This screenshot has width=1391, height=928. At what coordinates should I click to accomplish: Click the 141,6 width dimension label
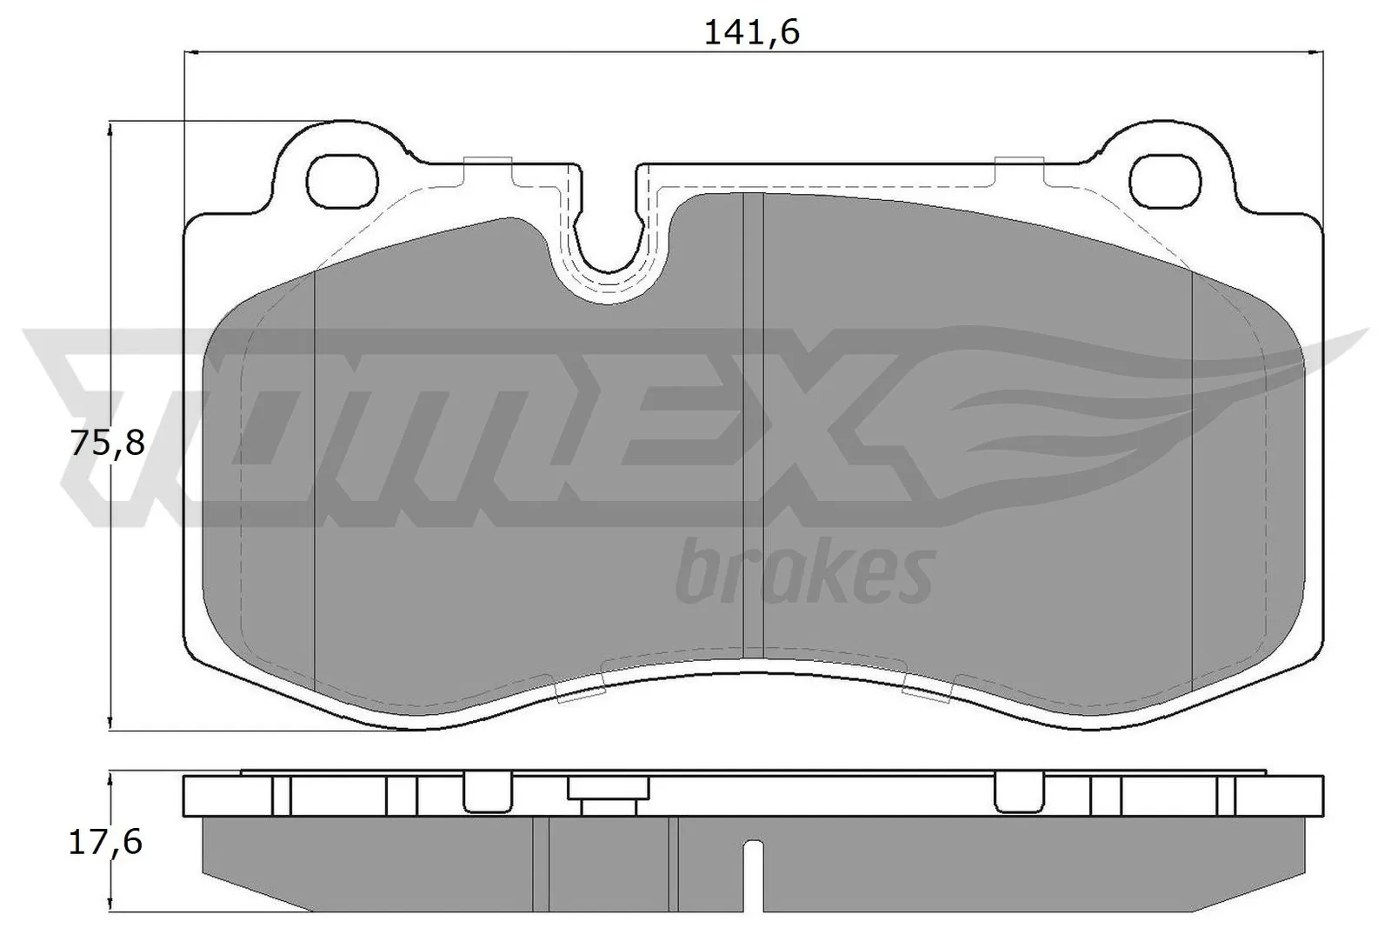coord(751,32)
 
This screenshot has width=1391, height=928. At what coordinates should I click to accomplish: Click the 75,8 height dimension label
coord(107,444)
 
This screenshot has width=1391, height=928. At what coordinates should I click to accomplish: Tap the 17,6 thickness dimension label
coord(105,842)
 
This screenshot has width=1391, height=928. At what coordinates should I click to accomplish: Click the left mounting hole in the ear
coord(343,180)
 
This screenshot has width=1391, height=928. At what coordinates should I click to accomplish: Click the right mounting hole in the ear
coord(1168,180)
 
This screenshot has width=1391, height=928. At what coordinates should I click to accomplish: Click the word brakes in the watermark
coord(805,571)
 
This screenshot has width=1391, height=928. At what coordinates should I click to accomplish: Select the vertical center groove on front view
coord(753,426)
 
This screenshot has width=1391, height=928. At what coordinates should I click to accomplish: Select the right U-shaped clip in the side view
coord(1018,791)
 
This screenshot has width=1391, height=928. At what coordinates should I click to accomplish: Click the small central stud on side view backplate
coord(609,795)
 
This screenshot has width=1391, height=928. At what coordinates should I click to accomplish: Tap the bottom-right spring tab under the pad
coord(928,688)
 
